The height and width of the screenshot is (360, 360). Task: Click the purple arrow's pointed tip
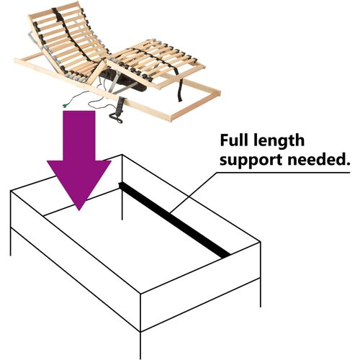click(79, 210)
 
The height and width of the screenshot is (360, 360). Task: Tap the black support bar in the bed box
click(174, 220)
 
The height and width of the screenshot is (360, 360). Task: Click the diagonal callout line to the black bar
click(193, 193)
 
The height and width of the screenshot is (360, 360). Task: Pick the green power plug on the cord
click(65, 106)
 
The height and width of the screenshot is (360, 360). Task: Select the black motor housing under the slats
click(125, 81)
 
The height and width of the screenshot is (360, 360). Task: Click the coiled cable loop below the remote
click(116, 118)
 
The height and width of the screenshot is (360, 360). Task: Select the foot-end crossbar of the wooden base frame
click(196, 106)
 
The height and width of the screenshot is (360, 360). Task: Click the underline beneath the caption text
click(283, 172)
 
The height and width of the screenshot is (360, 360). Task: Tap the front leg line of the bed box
click(140, 345)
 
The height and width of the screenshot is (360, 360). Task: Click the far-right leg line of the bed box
click(261, 275)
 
